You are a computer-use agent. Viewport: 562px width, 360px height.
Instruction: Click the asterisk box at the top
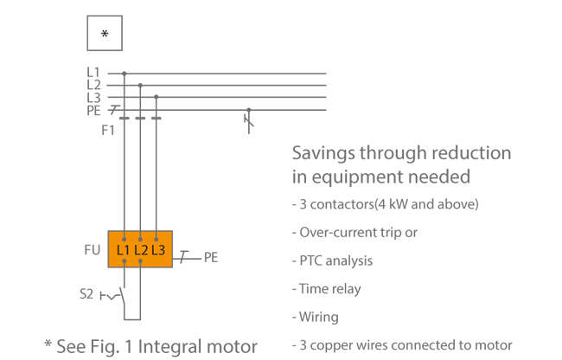105,34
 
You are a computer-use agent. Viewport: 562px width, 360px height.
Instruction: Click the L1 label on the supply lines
93,73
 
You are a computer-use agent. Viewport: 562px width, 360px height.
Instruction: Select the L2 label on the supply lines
93,85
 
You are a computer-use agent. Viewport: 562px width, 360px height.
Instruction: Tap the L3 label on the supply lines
93,97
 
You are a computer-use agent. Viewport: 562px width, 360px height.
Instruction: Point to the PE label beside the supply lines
93,110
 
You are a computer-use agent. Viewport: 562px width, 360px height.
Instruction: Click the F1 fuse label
108,130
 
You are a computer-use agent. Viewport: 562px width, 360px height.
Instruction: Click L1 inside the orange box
124,250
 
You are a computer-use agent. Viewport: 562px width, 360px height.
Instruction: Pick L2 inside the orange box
141,250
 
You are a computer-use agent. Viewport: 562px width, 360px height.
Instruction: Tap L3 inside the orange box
158,250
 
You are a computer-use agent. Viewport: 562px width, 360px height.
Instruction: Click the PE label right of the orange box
210,258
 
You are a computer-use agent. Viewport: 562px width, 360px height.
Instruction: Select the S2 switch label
86,294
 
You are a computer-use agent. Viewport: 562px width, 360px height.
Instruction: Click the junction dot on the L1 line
125,74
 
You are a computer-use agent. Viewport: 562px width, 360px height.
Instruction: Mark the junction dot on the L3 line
156,97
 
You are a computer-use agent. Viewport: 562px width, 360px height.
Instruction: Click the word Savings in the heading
322,154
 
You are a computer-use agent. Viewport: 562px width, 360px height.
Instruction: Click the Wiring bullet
316,317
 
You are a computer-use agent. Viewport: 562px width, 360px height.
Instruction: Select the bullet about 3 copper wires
401,345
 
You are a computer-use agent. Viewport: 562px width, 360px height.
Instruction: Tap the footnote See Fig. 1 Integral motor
150,346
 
